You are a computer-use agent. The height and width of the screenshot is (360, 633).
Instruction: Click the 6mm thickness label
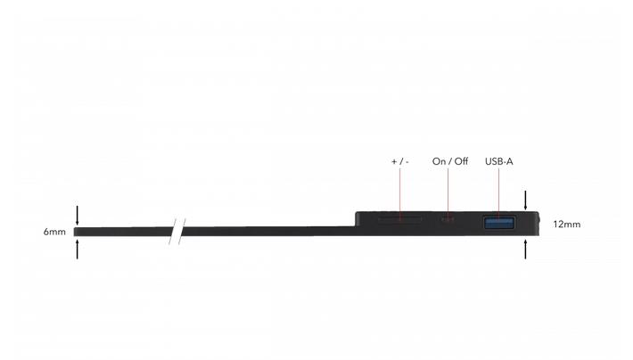click(x=54, y=232)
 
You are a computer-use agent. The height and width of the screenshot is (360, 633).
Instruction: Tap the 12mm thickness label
click(x=567, y=225)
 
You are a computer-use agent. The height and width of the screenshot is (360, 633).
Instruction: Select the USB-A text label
click(x=499, y=161)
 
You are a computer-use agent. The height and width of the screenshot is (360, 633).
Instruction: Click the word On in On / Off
click(x=439, y=161)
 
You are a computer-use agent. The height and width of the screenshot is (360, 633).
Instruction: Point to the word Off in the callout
click(x=462, y=161)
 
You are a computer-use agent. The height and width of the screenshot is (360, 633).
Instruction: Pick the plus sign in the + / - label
click(x=394, y=162)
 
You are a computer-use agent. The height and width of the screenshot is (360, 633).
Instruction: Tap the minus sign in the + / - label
click(x=407, y=162)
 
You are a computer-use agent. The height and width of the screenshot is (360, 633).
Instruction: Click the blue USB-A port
click(x=499, y=223)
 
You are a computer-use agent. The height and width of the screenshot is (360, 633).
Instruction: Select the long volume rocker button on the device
click(x=400, y=219)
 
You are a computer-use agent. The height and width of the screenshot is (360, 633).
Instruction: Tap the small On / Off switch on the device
click(x=448, y=219)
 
